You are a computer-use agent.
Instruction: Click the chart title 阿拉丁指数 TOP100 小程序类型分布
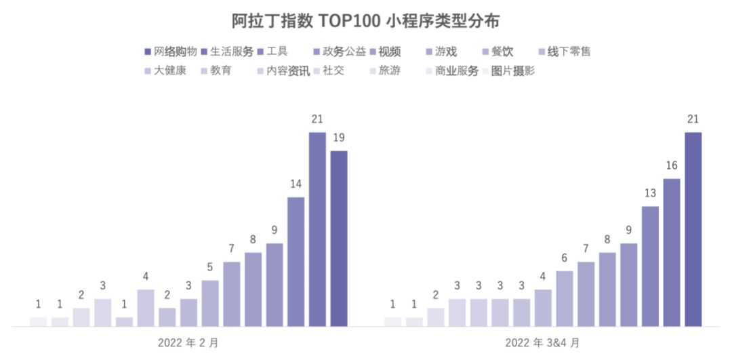click(365, 21)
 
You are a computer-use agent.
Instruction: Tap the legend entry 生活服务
click(231, 52)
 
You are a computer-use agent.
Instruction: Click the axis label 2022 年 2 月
click(188, 342)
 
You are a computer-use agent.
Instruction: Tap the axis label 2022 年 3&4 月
click(542, 342)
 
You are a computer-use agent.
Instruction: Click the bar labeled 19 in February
click(339, 238)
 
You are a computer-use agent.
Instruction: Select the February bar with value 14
click(296, 262)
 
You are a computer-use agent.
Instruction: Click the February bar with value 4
click(146, 308)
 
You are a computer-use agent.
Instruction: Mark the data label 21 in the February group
click(317, 119)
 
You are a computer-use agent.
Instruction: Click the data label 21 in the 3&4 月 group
click(693, 119)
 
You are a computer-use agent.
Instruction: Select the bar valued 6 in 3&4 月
click(564, 298)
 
